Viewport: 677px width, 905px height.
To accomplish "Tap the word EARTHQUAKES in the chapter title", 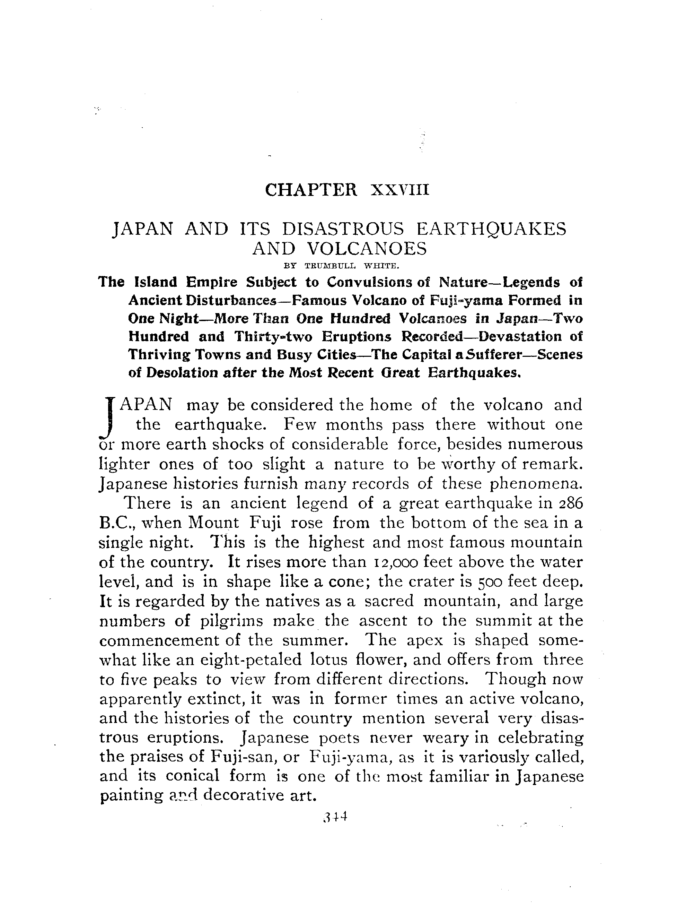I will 491,229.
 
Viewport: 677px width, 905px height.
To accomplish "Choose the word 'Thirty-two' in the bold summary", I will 273,337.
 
